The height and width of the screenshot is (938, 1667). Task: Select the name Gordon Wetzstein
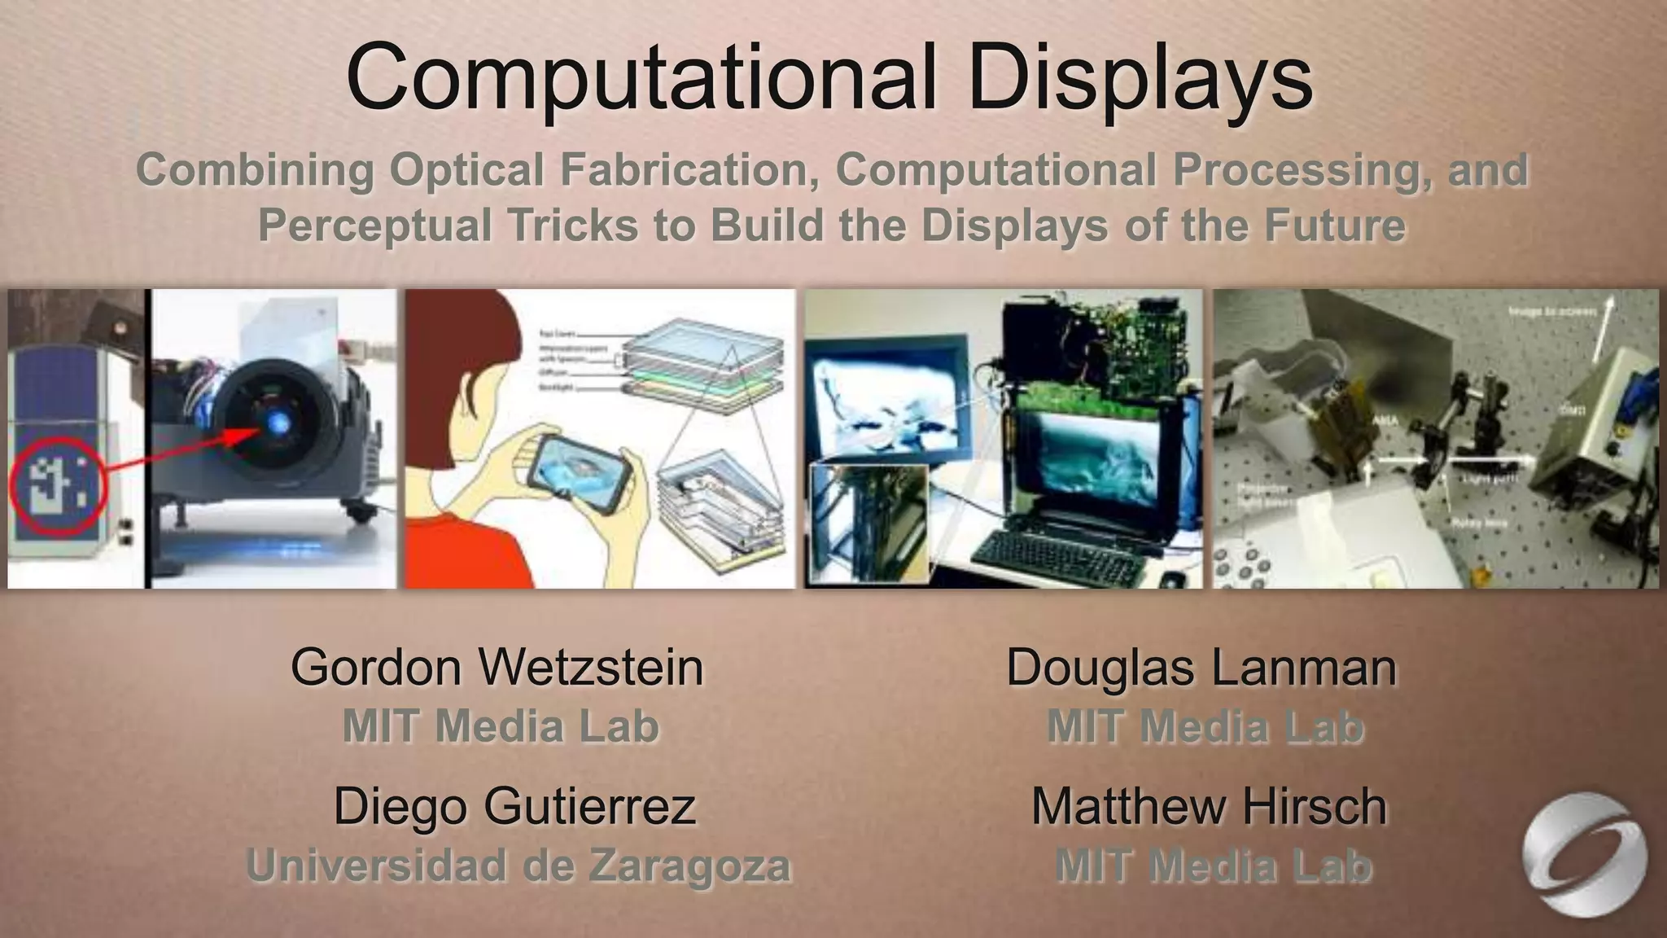coord(497,668)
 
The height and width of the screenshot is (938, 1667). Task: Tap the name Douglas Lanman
coord(1201,668)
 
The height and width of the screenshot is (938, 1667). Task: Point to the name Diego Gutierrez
coord(514,806)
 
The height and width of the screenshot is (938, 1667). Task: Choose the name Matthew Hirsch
coord(1209,806)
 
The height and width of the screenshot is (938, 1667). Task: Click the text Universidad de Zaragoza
coord(518,865)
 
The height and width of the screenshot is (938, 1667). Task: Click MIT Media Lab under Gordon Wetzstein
coord(501,726)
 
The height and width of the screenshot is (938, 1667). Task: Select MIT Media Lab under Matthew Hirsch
coord(1213,865)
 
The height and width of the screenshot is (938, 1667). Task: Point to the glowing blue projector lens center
coord(275,420)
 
